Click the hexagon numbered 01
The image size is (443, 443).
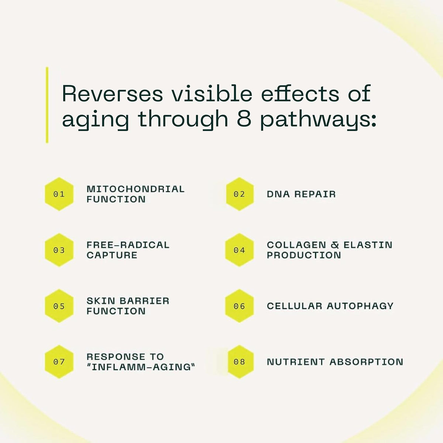pos(59,194)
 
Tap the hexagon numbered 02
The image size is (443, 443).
pos(240,194)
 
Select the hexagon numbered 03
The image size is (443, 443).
pos(59,250)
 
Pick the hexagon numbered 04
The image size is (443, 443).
pos(239,250)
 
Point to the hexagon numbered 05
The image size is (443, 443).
pos(59,306)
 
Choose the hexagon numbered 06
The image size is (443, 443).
pos(239,306)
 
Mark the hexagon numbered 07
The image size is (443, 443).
pos(59,362)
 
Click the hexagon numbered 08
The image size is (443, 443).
pos(240,362)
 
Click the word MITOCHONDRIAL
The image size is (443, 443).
pos(135,189)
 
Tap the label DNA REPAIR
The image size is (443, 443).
pos(301,194)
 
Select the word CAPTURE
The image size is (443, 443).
pos(112,255)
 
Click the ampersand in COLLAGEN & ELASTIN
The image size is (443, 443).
pos(335,245)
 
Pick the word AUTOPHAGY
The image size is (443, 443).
pos(360,306)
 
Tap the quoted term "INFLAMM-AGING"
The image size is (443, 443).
pos(141,367)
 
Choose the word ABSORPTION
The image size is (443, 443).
pos(367,362)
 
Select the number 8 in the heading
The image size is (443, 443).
pos(244,119)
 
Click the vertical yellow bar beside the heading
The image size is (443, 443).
pos(47,105)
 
